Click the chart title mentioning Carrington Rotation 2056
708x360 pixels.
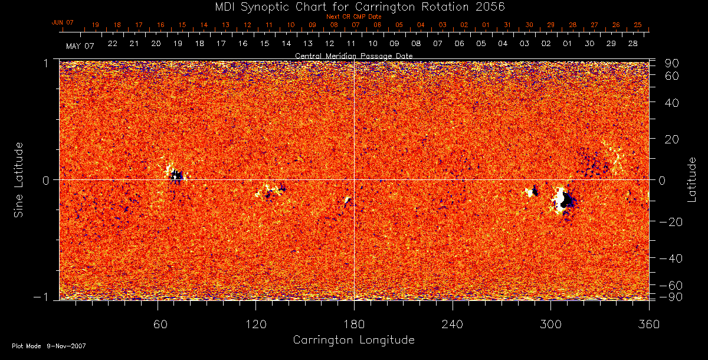(x=353, y=6)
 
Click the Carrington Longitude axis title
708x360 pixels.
(x=353, y=340)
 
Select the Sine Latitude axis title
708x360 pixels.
(x=19, y=179)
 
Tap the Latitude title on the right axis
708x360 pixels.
(x=691, y=179)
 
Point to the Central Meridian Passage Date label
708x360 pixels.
(x=353, y=55)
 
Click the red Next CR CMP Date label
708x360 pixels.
(x=353, y=17)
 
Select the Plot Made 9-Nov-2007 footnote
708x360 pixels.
(x=49, y=346)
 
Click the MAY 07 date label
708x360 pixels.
(x=80, y=45)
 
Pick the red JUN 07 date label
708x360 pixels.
(x=63, y=22)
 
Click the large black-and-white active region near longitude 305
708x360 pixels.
(x=562, y=199)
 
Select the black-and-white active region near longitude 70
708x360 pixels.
(x=175, y=174)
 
